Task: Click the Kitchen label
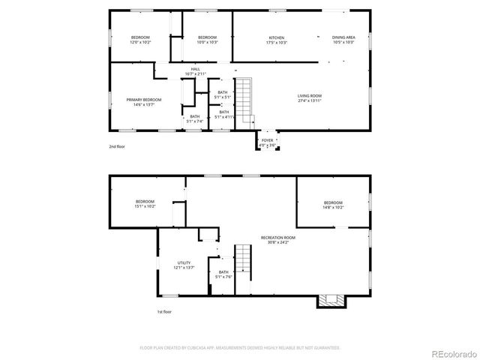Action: click(x=277, y=40)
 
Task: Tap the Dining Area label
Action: click(x=343, y=40)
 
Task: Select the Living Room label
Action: click(x=309, y=97)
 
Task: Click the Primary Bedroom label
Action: click(x=139, y=102)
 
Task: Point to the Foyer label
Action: click(x=268, y=142)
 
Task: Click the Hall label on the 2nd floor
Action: click(x=195, y=71)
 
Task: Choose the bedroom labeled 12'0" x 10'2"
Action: click(x=140, y=40)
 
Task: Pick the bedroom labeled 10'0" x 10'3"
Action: click(x=207, y=40)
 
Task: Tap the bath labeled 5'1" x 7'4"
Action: click(x=194, y=118)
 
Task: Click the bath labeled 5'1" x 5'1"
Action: click(x=223, y=94)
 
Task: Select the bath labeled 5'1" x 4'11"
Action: click(x=223, y=114)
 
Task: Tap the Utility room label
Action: click(x=184, y=265)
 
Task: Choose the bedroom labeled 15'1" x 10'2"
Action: click(x=145, y=203)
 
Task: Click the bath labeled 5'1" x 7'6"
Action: click(x=223, y=274)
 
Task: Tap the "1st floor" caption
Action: click(x=164, y=311)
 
